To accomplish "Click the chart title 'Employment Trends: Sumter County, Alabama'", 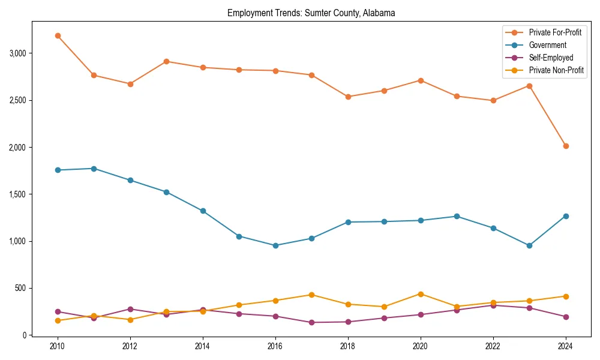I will point(311,13).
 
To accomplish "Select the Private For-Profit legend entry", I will point(556,32).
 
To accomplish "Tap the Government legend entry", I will point(547,45).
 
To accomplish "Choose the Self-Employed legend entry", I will point(551,58).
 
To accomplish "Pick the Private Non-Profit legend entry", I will point(556,71).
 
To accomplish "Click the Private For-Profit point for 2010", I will point(58,35).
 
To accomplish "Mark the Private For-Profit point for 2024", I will point(566,146).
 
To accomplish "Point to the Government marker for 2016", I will point(275,245).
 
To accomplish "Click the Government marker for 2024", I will point(566,216).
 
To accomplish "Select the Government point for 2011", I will point(94,169).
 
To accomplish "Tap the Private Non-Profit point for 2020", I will point(421,294).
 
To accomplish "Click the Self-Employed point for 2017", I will point(311,322).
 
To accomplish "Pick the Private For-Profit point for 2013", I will point(166,61).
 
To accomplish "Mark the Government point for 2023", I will point(529,245).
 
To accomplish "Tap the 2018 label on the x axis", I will point(348,346).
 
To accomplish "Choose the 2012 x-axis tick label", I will point(130,346).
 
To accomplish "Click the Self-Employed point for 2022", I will point(493,305).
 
